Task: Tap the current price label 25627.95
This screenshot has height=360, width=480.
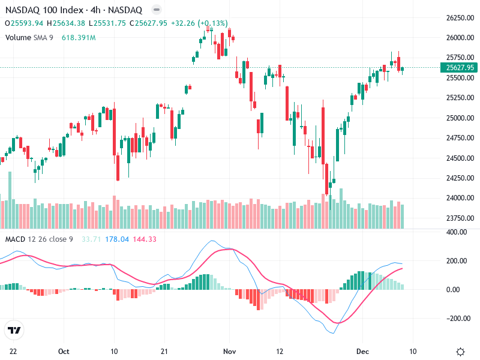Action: [459, 67]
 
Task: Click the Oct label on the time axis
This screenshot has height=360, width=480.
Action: [64, 351]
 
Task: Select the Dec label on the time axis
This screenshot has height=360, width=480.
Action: [361, 351]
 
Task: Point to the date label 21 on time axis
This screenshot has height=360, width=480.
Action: [164, 351]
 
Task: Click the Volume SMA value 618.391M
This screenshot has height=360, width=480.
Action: [79, 37]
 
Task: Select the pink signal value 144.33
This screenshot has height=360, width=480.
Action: [144, 239]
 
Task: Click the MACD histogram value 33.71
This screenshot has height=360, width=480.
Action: [90, 239]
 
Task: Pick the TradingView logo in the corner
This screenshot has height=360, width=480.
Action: [14, 330]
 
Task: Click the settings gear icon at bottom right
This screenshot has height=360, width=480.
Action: [460, 352]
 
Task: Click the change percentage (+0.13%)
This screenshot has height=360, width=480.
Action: [210, 23]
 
